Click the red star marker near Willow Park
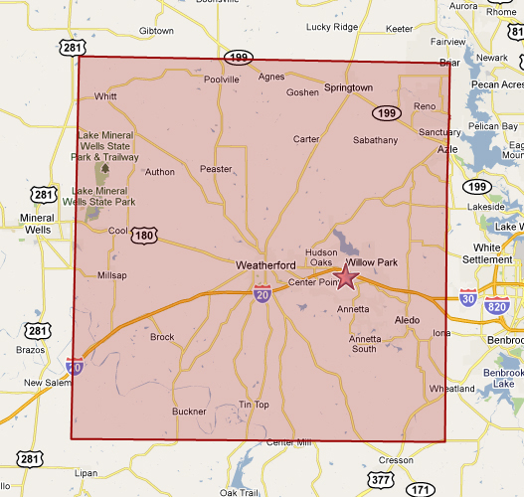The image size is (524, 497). point(346,277)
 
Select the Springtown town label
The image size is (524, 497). point(348,88)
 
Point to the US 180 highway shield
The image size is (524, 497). point(143,236)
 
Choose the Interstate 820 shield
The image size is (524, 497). point(498,307)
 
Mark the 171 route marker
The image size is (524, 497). point(422,489)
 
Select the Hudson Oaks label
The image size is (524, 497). point(322,258)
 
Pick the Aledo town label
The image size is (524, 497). point(408,320)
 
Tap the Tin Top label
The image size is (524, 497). point(254,405)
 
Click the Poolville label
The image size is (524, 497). point(221,80)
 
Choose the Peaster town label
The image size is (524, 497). point(216,170)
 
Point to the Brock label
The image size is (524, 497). point(162,337)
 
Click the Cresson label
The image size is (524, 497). point(395,460)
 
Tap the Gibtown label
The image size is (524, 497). point(156,31)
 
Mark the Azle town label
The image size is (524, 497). point(447,149)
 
